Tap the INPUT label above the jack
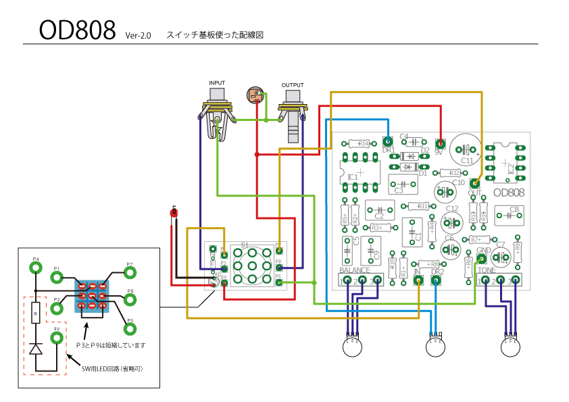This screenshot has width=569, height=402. click(x=217, y=82)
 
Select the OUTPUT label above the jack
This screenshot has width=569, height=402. click(x=293, y=84)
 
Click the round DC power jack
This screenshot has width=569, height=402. click(x=255, y=95)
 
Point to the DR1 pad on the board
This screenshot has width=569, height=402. click(x=388, y=142)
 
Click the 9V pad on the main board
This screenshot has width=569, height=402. click(x=441, y=143)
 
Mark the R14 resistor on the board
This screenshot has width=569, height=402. click(x=359, y=144)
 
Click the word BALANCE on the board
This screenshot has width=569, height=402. click(x=355, y=271)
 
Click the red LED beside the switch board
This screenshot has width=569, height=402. click(x=174, y=213)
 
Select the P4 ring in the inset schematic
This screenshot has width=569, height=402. click(x=36, y=268)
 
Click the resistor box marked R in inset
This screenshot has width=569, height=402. click(x=36, y=313)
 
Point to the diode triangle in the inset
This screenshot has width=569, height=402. click(x=36, y=349)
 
